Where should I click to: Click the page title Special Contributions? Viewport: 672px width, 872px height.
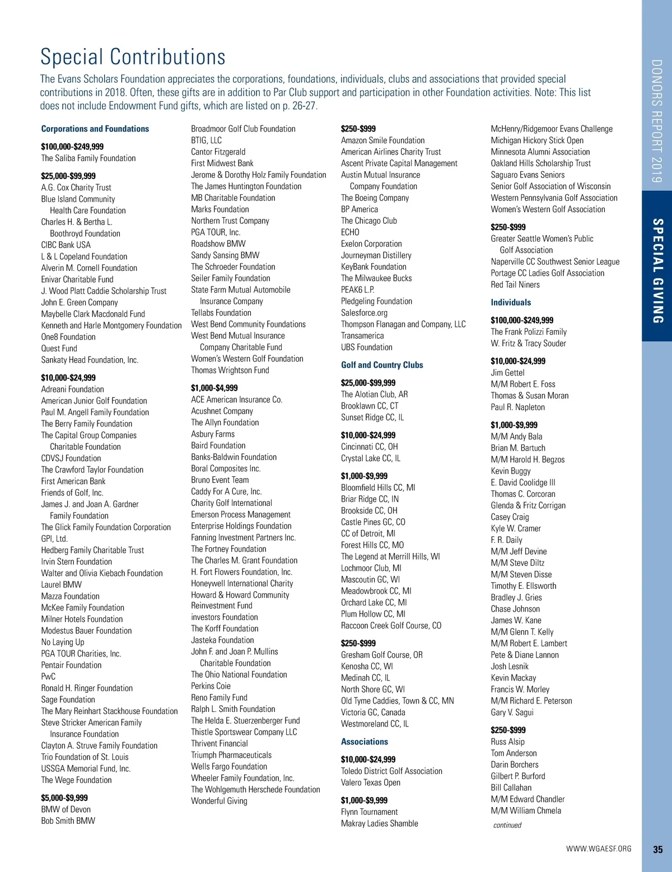point(133,57)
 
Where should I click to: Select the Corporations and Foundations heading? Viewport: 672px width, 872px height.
point(95,129)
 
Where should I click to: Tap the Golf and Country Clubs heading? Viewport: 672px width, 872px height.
point(382,365)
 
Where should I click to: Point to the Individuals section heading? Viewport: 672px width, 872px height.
point(511,302)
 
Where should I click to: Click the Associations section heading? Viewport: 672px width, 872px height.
point(365,742)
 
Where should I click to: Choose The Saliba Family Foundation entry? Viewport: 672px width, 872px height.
point(88,158)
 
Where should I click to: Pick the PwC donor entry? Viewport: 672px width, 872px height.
point(49,677)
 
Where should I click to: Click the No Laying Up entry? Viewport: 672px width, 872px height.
point(63,642)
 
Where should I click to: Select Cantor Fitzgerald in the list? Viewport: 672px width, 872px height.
point(218,152)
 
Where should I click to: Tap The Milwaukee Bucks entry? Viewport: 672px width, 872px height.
point(376,278)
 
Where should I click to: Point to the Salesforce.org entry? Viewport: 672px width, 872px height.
point(364,313)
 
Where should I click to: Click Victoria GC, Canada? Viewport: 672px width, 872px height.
point(373,712)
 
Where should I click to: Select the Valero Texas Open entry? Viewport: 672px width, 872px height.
point(371,782)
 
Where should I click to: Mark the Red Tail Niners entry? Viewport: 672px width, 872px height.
point(515,284)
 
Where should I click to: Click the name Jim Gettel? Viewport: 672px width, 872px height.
point(508,373)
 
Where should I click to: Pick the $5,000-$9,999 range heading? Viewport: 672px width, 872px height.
point(64,798)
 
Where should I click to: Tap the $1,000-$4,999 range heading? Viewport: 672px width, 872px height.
point(214,388)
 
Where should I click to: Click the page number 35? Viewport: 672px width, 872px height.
point(658,849)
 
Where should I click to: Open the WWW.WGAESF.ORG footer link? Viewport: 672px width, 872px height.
point(599,849)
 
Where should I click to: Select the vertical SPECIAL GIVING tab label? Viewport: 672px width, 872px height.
point(658,271)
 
